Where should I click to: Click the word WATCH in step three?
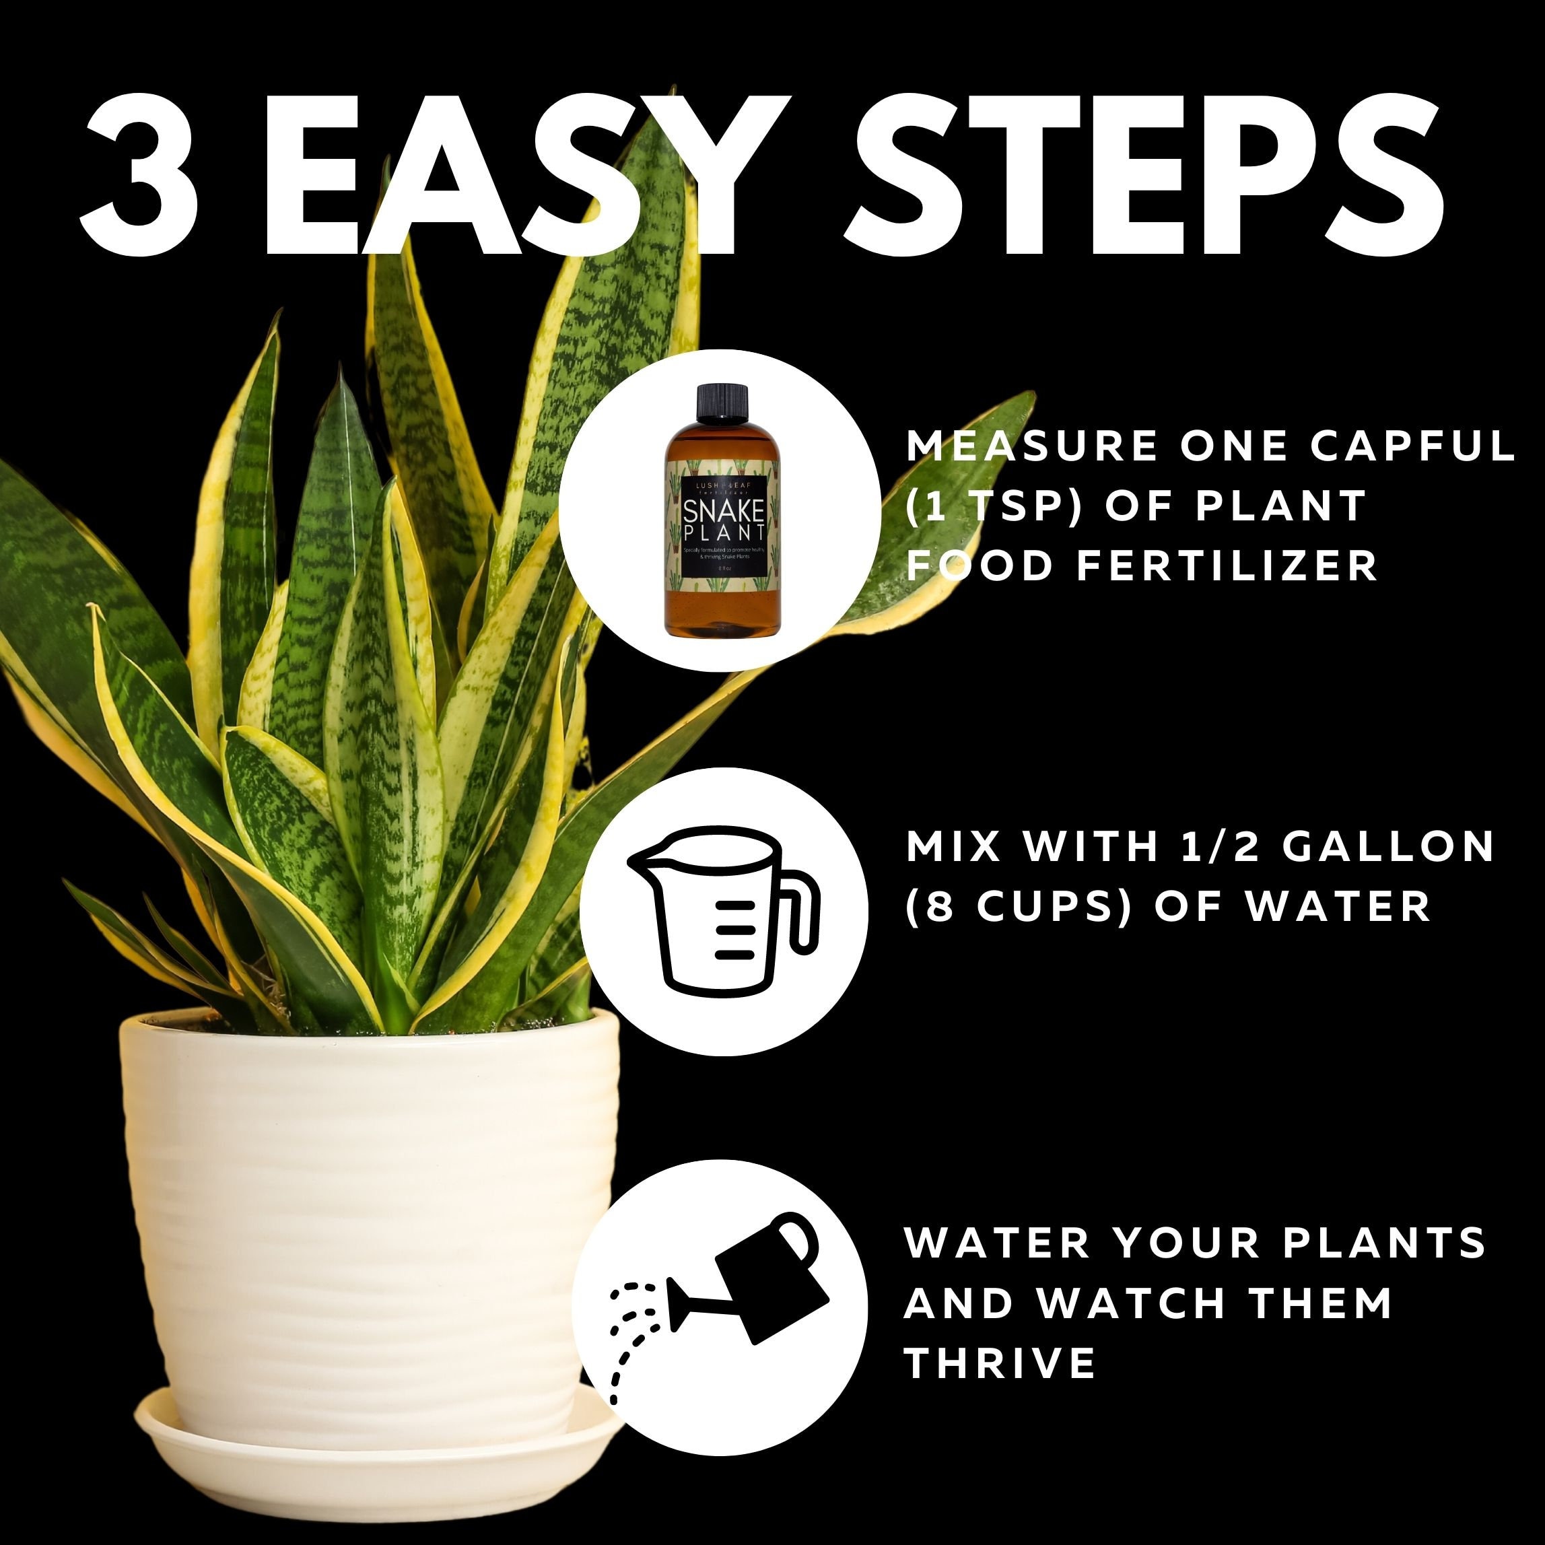[1131, 1303]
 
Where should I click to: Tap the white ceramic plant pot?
[368, 1200]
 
